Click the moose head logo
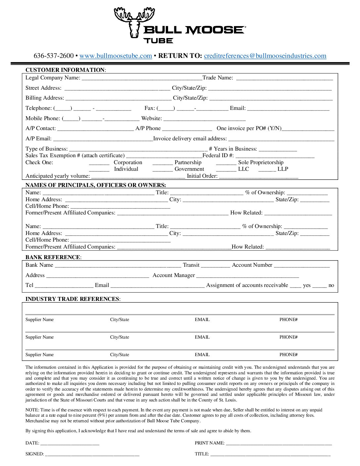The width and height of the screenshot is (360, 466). point(134,22)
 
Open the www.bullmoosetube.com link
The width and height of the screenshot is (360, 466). point(115,56)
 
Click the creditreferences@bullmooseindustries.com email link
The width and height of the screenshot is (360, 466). point(265,56)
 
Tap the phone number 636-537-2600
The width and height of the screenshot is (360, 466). point(53,56)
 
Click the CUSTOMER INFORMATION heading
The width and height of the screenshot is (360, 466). point(65,70)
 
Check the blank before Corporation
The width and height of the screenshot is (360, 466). point(99,163)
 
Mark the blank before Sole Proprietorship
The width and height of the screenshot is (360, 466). point(226,163)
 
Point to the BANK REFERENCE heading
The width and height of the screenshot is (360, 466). point(53,257)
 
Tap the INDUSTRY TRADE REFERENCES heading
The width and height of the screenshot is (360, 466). point(72,299)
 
